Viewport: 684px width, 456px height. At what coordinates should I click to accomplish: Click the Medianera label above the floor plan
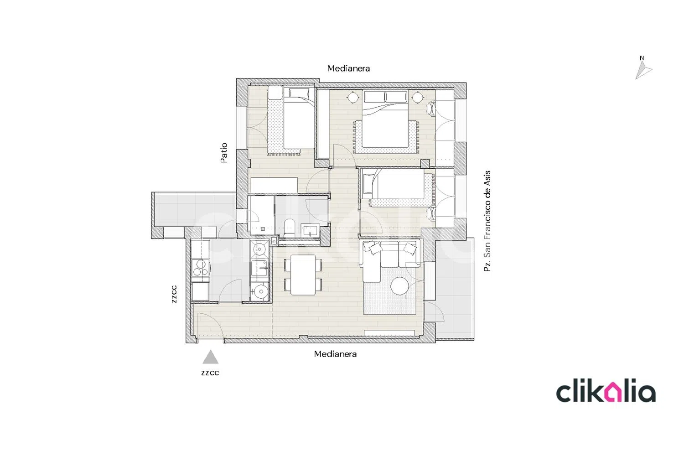[x=348, y=68]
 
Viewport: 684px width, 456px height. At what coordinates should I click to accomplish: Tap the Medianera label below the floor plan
[x=335, y=354]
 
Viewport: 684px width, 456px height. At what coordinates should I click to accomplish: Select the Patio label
[x=224, y=153]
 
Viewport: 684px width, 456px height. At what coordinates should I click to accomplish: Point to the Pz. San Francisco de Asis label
[x=487, y=221]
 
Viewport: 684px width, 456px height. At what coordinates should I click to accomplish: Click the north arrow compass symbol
[x=643, y=70]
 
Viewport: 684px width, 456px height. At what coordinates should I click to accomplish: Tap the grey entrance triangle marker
[x=210, y=357]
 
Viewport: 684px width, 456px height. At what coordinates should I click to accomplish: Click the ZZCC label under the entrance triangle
[x=210, y=373]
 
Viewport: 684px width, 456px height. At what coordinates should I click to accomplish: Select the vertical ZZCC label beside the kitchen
[x=174, y=294]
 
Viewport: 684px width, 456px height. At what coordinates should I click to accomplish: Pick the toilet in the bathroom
[x=289, y=228]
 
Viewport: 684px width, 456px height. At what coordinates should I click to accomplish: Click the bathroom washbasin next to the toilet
[x=311, y=230]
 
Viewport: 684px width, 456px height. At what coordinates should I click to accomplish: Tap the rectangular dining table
[x=303, y=275]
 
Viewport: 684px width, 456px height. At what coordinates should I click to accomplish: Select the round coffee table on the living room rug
[x=400, y=286]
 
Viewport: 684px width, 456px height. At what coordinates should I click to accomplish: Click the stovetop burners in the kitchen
[x=200, y=268]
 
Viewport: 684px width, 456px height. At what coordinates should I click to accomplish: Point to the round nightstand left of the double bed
[x=353, y=98]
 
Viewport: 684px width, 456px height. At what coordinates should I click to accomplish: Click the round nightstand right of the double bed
[x=417, y=98]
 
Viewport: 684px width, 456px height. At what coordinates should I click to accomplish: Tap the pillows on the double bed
[x=385, y=97]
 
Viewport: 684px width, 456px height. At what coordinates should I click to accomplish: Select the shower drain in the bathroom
[x=263, y=229]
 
